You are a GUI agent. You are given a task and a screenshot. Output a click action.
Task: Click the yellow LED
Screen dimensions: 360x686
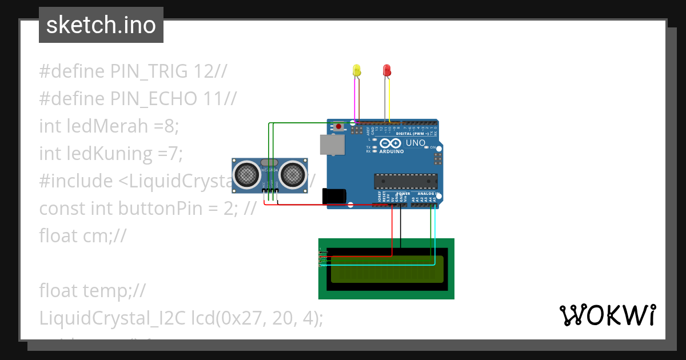(357, 70)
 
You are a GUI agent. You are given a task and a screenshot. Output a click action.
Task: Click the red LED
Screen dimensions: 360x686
(386, 70)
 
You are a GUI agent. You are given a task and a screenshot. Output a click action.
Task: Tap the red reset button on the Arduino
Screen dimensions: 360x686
(339, 126)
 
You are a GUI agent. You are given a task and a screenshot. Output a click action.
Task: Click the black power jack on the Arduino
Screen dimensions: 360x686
(334, 196)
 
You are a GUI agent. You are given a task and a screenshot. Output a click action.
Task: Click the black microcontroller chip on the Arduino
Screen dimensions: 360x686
(405, 181)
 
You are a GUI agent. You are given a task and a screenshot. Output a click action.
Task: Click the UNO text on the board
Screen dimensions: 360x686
(415, 142)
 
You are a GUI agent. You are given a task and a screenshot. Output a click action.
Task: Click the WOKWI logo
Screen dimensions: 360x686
(607, 315)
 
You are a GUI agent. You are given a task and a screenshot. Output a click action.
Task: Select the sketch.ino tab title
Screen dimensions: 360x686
(101, 25)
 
